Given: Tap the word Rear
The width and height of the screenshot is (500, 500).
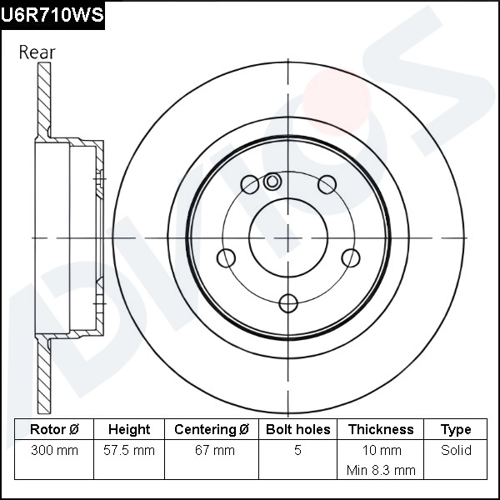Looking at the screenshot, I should tap(37, 52).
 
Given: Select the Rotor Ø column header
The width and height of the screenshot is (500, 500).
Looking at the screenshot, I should tap(54, 430).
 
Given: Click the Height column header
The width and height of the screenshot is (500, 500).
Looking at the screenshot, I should tap(129, 430).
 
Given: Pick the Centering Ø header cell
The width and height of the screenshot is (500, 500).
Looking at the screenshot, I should tap(212, 430).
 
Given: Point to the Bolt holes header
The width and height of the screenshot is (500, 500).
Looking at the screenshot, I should tap(298, 430).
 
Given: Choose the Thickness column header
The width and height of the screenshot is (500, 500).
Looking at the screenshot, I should tap(381, 430).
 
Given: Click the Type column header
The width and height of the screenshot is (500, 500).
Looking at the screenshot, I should tap(456, 430).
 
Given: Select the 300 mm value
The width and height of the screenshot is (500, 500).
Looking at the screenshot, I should tap(54, 451).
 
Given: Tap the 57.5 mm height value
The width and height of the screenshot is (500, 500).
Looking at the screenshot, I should tap(129, 451).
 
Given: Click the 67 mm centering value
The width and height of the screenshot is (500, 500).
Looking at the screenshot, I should tap(212, 451).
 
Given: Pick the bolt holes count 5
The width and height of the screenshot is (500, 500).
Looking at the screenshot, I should tap(298, 451).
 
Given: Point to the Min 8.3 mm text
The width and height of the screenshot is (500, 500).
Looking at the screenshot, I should tap(381, 470).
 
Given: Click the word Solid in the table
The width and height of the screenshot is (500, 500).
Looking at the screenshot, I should tap(456, 451).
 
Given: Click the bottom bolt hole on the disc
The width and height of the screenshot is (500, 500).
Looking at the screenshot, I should tap(288, 302).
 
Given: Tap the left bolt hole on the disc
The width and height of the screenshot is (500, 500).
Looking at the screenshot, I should tap(226, 257).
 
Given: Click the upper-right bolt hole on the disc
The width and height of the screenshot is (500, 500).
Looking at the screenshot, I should tap(327, 184).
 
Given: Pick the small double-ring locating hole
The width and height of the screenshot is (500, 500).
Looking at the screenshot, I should tap(272, 181).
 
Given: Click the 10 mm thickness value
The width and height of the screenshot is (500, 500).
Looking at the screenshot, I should tap(381, 451).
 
